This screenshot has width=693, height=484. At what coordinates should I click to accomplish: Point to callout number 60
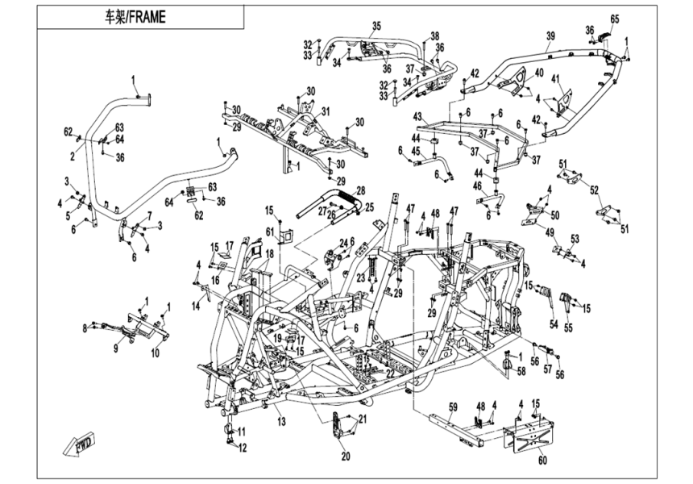tap(541, 461)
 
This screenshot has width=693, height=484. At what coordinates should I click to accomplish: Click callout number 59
tap(453, 406)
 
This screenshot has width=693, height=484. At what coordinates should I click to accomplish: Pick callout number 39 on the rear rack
tap(551, 36)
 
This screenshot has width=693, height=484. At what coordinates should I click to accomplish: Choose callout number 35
tap(375, 27)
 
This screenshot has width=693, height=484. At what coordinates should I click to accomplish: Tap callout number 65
tap(614, 19)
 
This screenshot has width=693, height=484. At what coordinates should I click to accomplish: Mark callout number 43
tap(418, 118)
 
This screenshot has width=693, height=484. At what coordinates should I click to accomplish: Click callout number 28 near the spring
tap(361, 190)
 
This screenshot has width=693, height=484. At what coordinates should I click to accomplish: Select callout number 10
tap(156, 353)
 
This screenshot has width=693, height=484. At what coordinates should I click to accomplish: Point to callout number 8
tap(85, 328)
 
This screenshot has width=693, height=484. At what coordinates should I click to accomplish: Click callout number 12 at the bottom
tap(241, 447)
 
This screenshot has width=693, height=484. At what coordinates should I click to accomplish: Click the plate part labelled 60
tap(529, 436)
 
